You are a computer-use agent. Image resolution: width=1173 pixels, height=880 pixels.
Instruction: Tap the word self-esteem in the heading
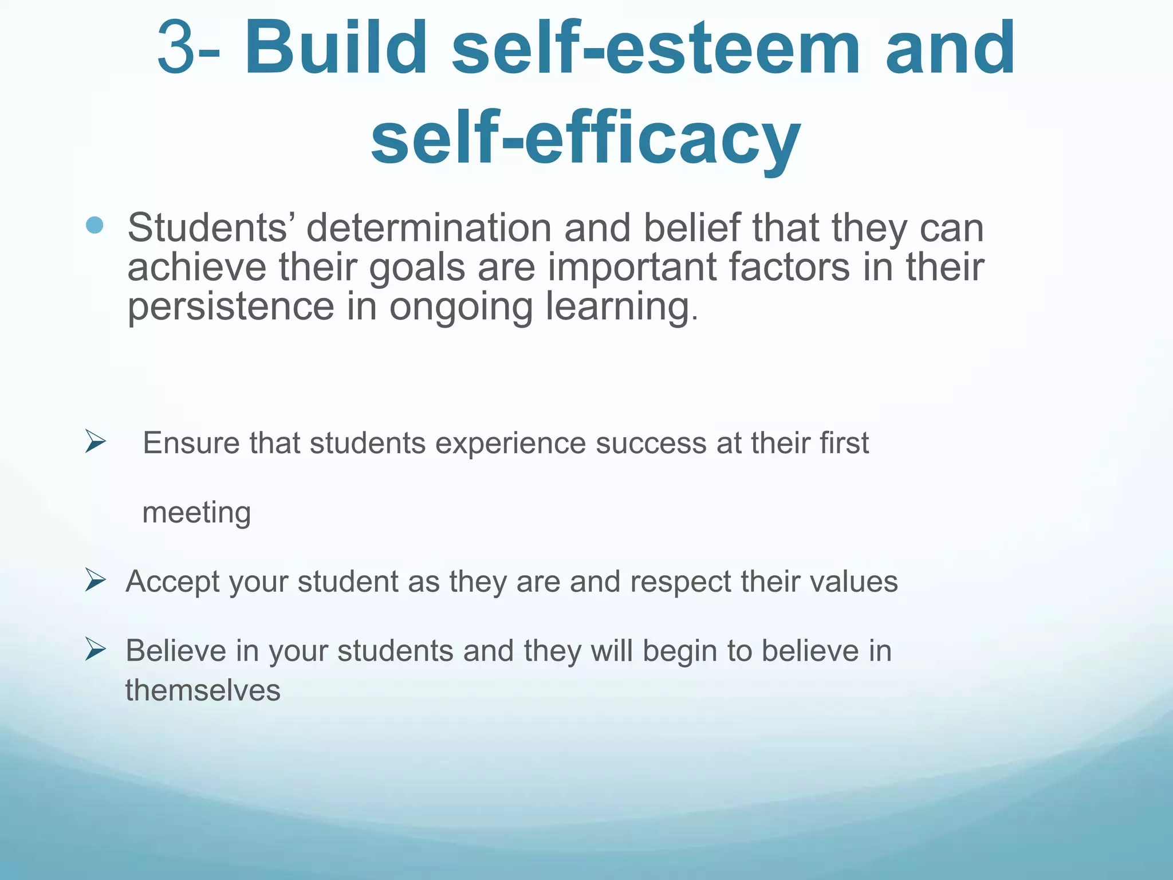[656, 48]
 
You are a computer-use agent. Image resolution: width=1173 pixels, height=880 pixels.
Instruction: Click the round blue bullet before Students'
[95, 225]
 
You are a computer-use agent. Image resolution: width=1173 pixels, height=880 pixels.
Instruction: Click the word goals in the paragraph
[417, 268]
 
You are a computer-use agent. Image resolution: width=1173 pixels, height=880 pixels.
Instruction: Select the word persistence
[230, 307]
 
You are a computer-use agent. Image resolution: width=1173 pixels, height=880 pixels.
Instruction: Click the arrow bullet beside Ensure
[96, 441]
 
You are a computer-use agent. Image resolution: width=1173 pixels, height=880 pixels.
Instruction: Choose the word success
[651, 443]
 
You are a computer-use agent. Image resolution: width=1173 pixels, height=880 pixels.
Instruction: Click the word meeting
[196, 513]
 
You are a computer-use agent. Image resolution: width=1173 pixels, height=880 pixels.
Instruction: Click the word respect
[680, 582]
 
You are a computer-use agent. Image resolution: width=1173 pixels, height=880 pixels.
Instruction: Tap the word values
[853, 582]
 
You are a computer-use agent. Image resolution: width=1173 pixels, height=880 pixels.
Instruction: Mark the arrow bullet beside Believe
[96, 649]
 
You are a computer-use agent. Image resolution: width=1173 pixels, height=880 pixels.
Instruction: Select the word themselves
[203, 690]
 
